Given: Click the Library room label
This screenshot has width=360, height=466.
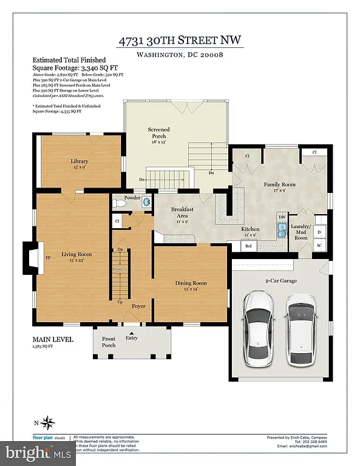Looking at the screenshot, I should [80, 164].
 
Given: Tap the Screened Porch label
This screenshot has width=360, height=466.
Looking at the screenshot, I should [159, 136].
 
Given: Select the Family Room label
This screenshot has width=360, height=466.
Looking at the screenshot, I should [279, 186].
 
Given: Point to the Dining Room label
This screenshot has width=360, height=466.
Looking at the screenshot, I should [191, 286].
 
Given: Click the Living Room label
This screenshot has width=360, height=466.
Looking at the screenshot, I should [76, 257].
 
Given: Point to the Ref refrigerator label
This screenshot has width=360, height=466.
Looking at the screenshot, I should [248, 246].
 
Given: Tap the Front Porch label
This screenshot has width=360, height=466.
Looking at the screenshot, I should [108, 342].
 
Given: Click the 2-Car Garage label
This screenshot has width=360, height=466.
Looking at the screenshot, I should [281, 282].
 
